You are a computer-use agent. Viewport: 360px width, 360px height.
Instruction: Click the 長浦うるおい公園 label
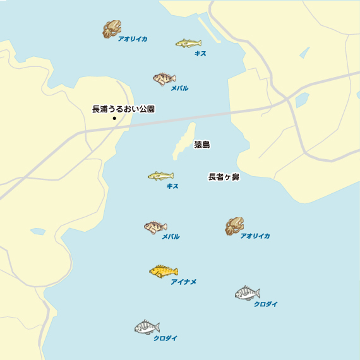point(123,109)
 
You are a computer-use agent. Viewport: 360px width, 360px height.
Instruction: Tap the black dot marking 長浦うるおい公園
point(114,118)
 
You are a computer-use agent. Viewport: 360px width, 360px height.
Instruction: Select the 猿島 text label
point(202,145)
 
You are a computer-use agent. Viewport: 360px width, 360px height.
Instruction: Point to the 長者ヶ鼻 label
point(224,177)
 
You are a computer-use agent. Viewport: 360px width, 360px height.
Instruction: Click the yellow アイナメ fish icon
point(164,272)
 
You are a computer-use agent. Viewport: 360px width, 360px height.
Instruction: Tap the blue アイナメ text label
point(183,282)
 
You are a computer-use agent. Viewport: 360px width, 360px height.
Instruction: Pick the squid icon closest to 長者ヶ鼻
point(234,226)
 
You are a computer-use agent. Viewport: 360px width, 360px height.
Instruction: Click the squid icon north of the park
point(112,29)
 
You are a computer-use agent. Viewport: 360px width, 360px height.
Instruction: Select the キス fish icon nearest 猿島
point(160,176)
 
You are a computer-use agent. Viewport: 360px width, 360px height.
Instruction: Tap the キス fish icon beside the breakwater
point(188,43)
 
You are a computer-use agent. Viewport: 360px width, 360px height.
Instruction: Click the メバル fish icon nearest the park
point(164,79)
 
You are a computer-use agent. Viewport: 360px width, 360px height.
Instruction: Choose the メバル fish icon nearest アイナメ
point(155,227)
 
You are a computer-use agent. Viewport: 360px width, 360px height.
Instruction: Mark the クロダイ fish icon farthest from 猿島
point(147,328)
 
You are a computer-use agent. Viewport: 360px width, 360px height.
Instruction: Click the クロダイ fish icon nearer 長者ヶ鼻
point(247,293)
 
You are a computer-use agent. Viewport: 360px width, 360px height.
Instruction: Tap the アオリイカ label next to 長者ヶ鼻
point(255,236)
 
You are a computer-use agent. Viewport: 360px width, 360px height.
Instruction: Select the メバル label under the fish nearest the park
point(179,88)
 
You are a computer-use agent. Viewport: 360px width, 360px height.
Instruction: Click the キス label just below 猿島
point(172,186)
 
